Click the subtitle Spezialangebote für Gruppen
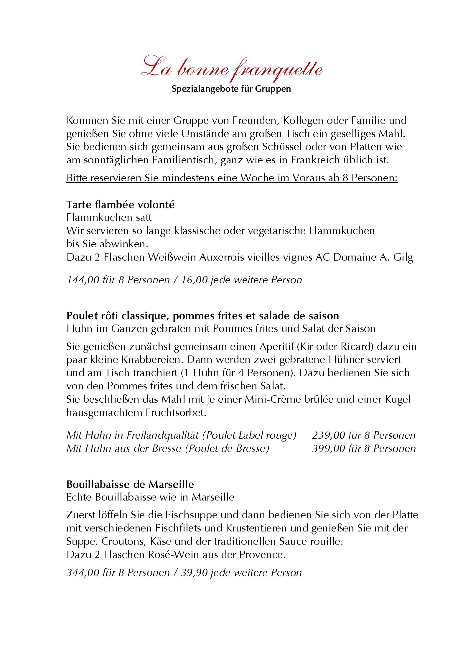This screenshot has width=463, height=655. click(231, 89)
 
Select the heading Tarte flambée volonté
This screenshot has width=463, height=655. click(120, 205)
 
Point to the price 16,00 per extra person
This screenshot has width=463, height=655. click(195, 280)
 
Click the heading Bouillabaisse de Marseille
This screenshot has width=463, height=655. click(130, 484)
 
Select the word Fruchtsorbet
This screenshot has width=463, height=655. click(176, 413)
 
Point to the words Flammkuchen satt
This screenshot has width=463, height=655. click(109, 218)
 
